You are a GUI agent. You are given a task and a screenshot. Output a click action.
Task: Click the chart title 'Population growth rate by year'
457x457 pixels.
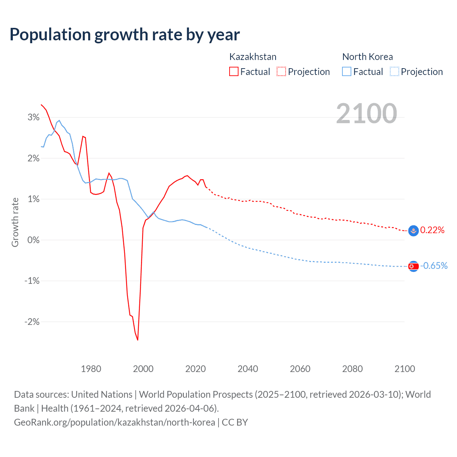[x=125, y=34]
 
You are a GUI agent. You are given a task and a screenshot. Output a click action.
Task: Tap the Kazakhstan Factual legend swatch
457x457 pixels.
[x=234, y=71]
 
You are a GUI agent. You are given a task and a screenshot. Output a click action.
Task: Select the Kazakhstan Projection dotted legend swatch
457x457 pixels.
[x=281, y=71]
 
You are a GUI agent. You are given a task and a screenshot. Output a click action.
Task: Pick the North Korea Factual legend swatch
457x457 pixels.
[x=347, y=71]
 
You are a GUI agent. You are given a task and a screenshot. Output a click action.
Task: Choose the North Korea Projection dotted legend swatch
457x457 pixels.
[x=395, y=71]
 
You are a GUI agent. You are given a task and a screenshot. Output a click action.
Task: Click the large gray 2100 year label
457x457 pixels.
[x=366, y=114]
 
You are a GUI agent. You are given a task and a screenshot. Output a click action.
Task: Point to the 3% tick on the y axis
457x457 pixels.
[x=34, y=117]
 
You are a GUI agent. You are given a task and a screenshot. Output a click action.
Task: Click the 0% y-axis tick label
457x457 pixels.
[x=34, y=240]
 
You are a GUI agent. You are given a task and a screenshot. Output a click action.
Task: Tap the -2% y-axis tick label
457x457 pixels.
[x=32, y=322]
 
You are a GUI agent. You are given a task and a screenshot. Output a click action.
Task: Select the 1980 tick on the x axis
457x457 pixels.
[x=91, y=369]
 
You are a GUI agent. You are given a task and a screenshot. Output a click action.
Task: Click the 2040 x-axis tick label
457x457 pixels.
[x=248, y=369]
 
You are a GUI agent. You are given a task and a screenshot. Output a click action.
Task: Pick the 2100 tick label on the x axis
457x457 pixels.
[x=405, y=369]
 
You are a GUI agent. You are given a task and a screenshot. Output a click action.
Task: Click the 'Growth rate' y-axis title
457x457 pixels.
[x=15, y=222]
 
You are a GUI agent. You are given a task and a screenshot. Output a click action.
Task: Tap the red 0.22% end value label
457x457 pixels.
[x=432, y=230]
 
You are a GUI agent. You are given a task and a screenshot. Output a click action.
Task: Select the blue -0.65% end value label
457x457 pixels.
[x=434, y=266]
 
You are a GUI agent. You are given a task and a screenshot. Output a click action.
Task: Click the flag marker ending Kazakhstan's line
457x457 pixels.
[x=413, y=231]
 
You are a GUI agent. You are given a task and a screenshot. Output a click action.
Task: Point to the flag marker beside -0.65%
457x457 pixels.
[x=413, y=266]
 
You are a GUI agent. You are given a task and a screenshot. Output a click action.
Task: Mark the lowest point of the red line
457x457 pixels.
[x=137, y=340]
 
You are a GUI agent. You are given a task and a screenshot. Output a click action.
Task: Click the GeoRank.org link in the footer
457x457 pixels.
[x=115, y=422]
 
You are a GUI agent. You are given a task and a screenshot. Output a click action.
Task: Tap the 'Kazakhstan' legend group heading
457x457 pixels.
[x=253, y=57]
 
